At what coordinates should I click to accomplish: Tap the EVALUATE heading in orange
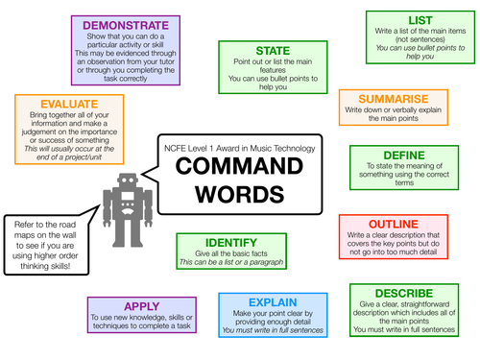tap(59, 102)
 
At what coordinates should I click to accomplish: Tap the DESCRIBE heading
tap(402, 293)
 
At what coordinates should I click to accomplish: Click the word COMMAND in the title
tap(244, 163)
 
